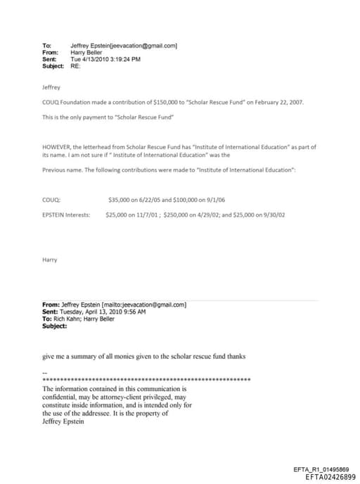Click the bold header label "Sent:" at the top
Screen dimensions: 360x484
(49, 59)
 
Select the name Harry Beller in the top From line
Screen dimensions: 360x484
(86, 53)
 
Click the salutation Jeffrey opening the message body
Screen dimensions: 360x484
(52, 89)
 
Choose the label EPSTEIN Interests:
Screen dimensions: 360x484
(66, 215)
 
